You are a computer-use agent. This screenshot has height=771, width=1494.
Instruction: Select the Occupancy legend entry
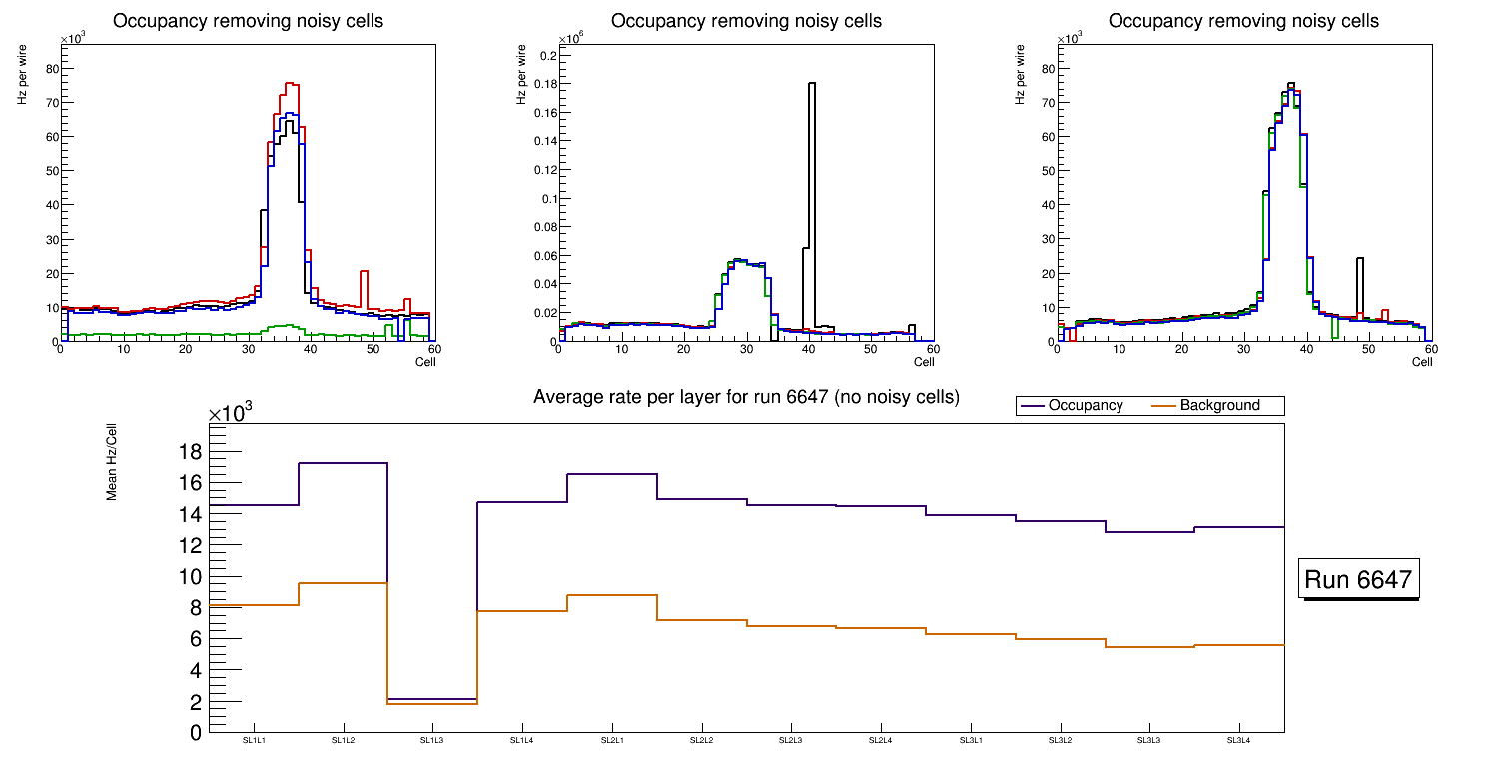pos(1071,406)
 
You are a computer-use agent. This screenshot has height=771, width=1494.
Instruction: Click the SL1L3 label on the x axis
pos(432,741)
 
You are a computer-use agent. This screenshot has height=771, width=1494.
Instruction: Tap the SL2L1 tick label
pos(611,741)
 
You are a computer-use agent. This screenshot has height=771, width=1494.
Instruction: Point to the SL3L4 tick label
pos(1239,741)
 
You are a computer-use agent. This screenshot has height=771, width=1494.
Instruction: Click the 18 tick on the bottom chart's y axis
pos(189,452)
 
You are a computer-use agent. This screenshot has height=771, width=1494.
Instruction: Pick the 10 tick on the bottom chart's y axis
pos(189,577)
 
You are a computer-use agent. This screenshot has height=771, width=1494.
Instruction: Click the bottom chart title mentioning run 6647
pos(746,397)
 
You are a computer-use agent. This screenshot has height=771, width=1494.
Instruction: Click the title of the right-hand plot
pos(1243,21)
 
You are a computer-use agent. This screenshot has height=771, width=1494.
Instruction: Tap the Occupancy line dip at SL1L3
pos(432,698)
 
